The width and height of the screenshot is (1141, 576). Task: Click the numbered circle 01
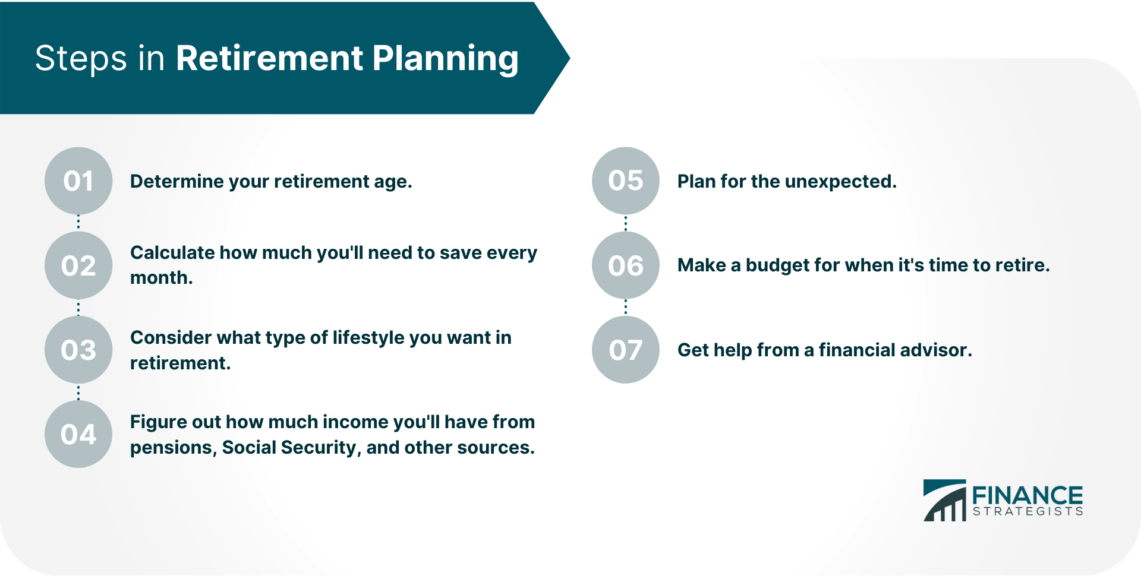point(78,181)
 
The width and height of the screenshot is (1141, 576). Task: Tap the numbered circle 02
point(78,265)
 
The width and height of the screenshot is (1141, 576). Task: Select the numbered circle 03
point(78,350)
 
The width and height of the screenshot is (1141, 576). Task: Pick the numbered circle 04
point(78,434)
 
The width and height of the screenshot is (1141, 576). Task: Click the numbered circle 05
point(626,181)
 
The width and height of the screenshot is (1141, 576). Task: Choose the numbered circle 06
point(626,265)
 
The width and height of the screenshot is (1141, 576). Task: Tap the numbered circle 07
point(626,350)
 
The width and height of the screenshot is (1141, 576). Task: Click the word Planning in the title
point(445,59)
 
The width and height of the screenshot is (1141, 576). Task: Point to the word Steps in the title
point(81,59)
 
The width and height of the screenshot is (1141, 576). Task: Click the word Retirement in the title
point(269,59)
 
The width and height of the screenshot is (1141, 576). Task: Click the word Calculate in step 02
point(172,253)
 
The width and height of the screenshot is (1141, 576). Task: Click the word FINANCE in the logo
point(1027,495)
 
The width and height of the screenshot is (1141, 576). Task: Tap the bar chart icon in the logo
point(945,502)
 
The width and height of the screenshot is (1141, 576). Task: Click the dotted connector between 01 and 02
point(78,223)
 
